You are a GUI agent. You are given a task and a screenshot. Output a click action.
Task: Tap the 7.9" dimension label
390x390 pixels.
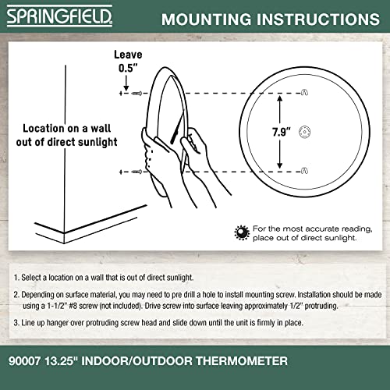tap(299, 131)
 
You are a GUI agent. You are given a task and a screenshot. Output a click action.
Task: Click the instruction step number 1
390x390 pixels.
tap(16, 277)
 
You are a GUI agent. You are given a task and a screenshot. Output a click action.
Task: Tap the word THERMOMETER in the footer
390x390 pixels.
tap(242, 360)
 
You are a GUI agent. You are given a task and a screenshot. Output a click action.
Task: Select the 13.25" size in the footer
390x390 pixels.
tap(73, 360)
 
